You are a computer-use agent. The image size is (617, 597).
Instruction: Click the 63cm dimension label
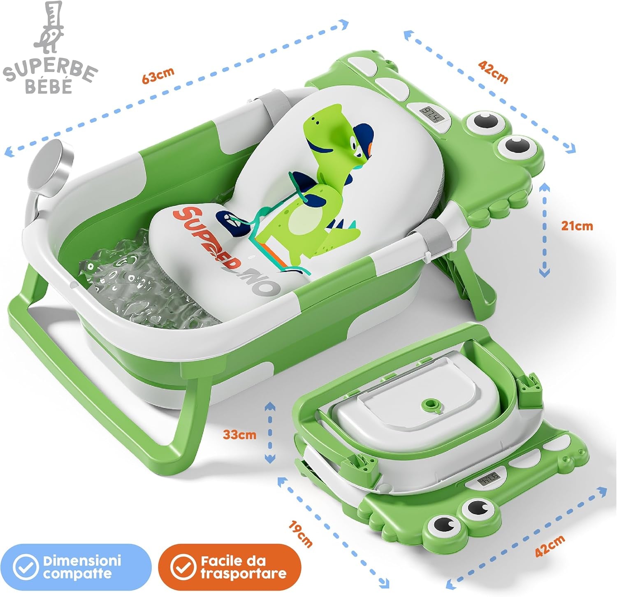[x=158, y=75]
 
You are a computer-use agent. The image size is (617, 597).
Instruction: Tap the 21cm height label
[x=577, y=226]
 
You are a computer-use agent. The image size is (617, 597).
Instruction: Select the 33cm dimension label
[x=240, y=434]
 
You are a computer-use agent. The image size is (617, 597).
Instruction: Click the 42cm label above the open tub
[x=493, y=72]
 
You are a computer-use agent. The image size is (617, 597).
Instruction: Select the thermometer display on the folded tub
[x=489, y=480]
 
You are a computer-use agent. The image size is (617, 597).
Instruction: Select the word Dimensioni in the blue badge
[x=82, y=560]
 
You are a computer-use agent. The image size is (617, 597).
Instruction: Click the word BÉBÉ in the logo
[x=49, y=86]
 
